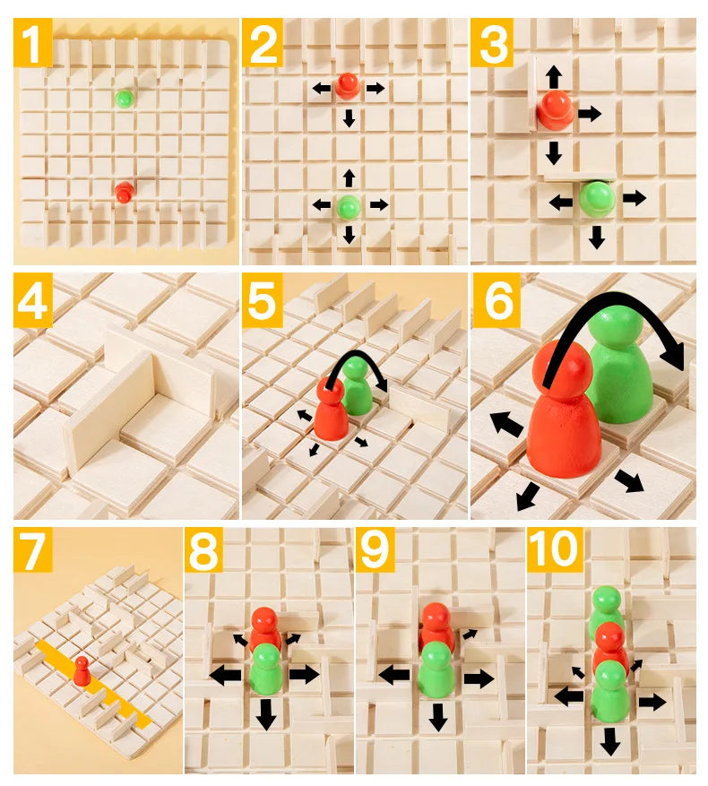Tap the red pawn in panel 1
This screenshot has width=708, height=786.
(124, 191)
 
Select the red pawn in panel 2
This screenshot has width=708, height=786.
(347, 86)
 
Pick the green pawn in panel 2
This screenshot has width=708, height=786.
(349, 205)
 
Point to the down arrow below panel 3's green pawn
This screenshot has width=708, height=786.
(596, 238)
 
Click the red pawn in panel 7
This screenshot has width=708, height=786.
(82, 669)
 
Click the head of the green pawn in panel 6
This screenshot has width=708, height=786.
(619, 332)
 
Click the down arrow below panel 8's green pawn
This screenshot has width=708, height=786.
(265, 714)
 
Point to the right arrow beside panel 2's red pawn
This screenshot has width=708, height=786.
(376, 88)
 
